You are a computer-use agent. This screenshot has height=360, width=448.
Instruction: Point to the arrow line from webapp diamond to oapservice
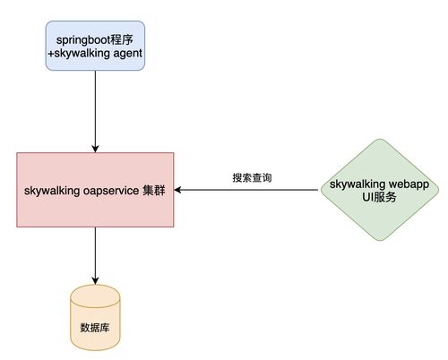point(251,190)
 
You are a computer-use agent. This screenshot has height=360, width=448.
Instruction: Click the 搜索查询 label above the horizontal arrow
point(252,178)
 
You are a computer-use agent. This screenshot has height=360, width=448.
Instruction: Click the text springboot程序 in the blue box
point(94,41)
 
